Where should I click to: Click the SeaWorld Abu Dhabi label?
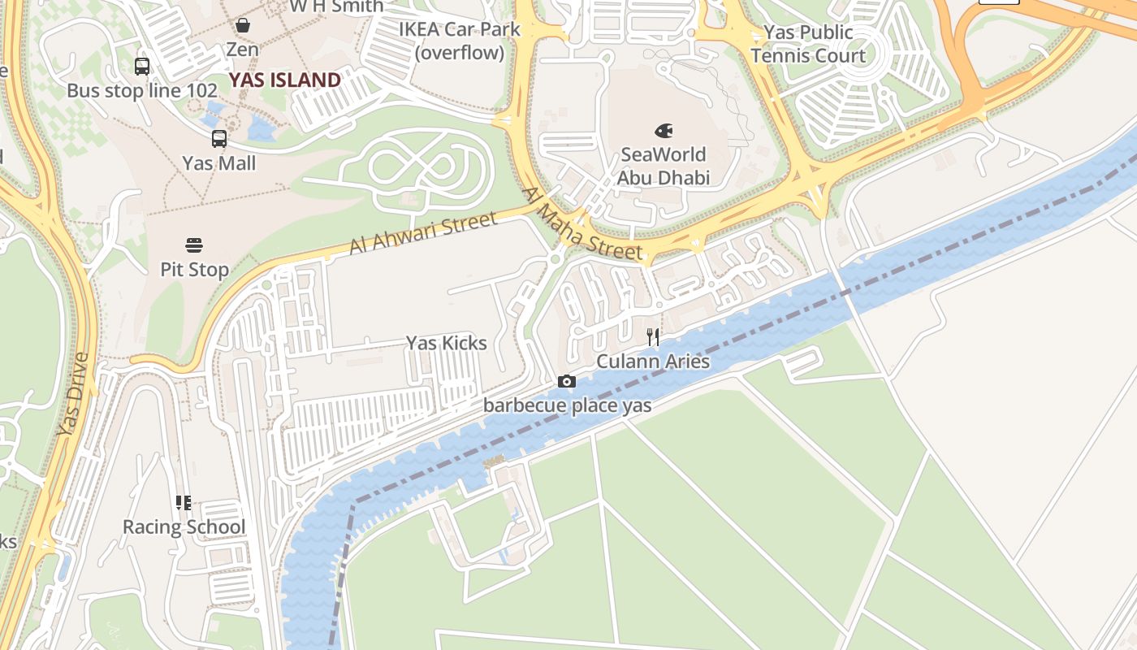coord(664,166)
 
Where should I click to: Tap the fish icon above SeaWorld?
coord(664,130)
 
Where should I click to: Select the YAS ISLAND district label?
coord(284,80)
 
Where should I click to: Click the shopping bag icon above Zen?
coord(242,25)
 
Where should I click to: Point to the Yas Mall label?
coord(219,163)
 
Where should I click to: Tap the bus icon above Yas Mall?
coord(219,139)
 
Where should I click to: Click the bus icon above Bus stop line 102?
coord(142,67)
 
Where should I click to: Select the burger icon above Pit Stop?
coord(194,245)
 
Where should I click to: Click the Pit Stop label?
coord(194,270)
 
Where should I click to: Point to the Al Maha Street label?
coord(582,225)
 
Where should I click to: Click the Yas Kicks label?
coord(447,343)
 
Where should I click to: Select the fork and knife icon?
coord(653,337)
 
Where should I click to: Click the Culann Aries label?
coord(653,362)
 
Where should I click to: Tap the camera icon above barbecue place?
coord(567,382)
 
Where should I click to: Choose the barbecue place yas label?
coord(567,405)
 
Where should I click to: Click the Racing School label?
coord(184,527)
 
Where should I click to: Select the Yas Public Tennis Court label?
coord(808,44)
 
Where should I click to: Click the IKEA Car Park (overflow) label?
coord(459,41)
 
